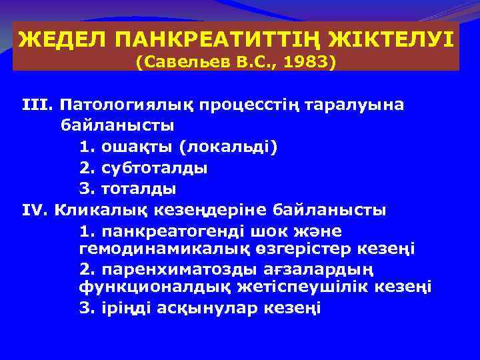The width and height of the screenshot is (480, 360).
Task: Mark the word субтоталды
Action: coord(155,168)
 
